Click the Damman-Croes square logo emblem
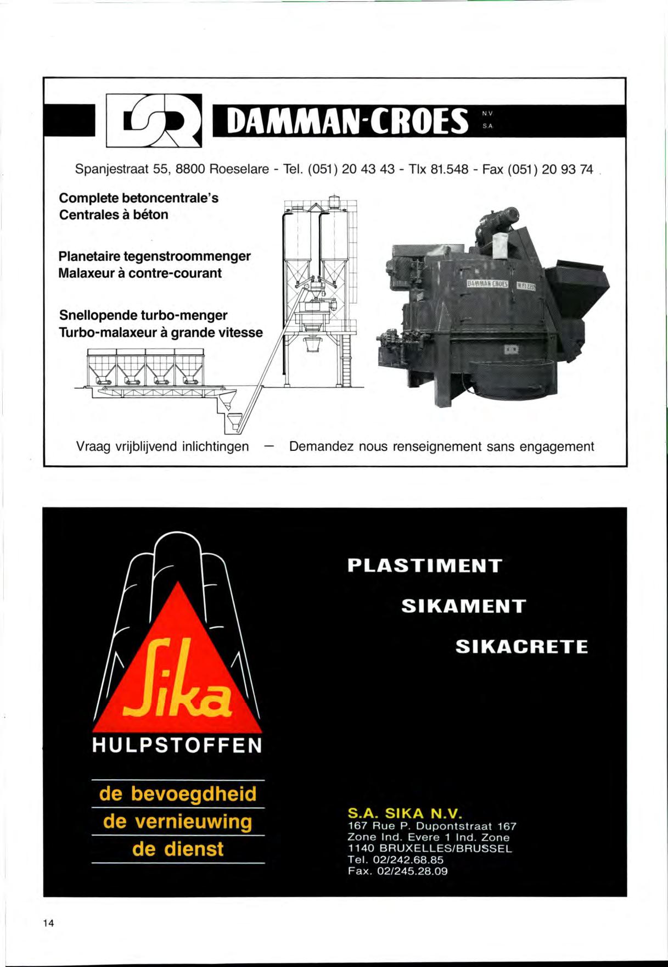tap(154, 121)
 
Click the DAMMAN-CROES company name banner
tap(349, 121)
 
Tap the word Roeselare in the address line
tap(239, 169)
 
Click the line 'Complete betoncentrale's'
tap(138, 198)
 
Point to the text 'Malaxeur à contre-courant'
tap(140, 273)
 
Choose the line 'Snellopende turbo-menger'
tap(143, 315)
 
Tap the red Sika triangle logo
tap(177, 670)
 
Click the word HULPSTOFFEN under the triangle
tap(177, 746)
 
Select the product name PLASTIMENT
tap(425, 566)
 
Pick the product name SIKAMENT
tap(464, 606)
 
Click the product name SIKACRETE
tap(521, 647)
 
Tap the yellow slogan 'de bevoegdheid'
tap(178, 794)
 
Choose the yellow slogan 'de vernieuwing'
tap(178, 821)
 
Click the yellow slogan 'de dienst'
tap(178, 849)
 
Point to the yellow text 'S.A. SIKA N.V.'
tap(405, 813)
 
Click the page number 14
tap(49, 923)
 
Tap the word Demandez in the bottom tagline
tap(321, 446)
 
